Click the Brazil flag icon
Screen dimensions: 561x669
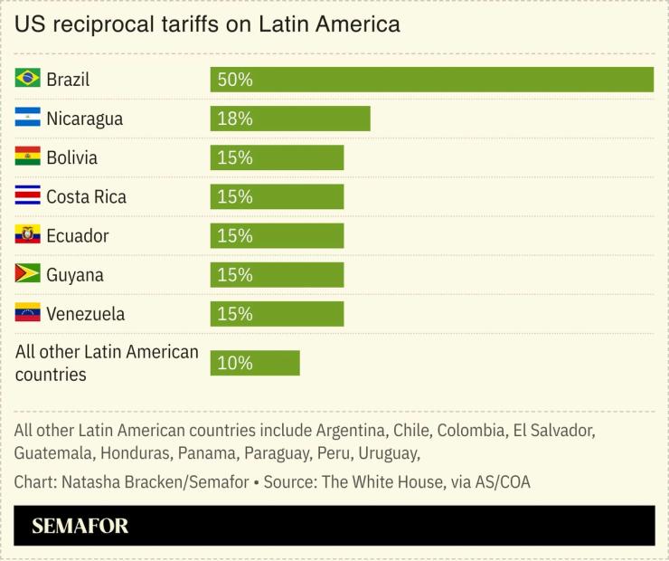27,79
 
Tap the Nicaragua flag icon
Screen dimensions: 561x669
27,118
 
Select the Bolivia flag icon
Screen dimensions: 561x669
27,157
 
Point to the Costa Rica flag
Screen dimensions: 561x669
27,195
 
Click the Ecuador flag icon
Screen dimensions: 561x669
27,235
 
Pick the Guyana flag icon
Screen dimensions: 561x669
27,274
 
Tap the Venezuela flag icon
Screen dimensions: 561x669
27,313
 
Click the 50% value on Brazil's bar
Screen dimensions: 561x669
235,80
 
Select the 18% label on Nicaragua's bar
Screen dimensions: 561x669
235,119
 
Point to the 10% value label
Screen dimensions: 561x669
235,363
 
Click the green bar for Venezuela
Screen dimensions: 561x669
277,314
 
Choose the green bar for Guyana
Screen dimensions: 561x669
277,275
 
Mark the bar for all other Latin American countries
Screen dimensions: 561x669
255,363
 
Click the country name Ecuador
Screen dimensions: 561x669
77,236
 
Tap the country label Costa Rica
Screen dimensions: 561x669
86,196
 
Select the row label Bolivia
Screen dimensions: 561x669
71,157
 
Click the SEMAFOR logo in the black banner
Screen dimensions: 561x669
80,526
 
